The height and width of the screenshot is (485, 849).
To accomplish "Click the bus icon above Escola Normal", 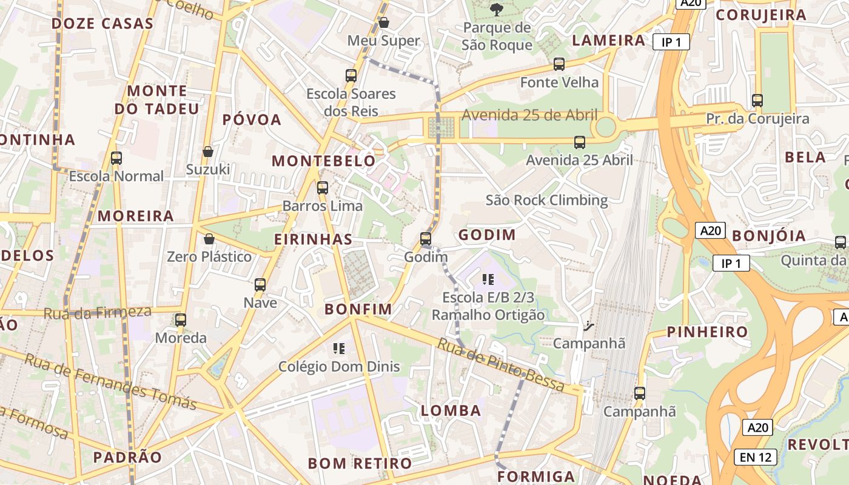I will (116, 158).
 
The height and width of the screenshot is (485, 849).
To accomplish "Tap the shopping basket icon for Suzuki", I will (208, 152).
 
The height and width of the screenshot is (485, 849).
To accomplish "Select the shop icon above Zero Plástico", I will (209, 239).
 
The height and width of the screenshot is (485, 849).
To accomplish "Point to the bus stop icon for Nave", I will (260, 284).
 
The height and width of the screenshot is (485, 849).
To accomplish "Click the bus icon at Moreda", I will (181, 319).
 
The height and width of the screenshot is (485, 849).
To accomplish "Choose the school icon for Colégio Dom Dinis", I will (339, 348).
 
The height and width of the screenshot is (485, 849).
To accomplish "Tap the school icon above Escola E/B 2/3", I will (488, 279).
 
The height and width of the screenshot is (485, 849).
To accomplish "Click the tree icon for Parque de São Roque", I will (497, 9).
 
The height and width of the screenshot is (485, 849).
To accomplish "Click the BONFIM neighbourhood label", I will (358, 309).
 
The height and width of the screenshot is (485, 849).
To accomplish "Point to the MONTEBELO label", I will (324, 161).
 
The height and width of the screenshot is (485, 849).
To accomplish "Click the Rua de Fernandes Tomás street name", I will (111, 383).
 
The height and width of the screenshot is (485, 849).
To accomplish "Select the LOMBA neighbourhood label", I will (451, 410).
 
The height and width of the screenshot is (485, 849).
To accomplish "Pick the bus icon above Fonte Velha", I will (559, 64).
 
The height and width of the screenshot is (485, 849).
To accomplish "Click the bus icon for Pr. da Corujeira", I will (757, 101).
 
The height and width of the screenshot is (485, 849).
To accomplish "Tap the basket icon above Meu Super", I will (383, 23).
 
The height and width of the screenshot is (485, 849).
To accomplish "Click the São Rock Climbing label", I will (546, 200).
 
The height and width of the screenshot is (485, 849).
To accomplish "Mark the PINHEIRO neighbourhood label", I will (708, 332).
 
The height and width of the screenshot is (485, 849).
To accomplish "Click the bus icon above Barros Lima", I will (323, 188).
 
